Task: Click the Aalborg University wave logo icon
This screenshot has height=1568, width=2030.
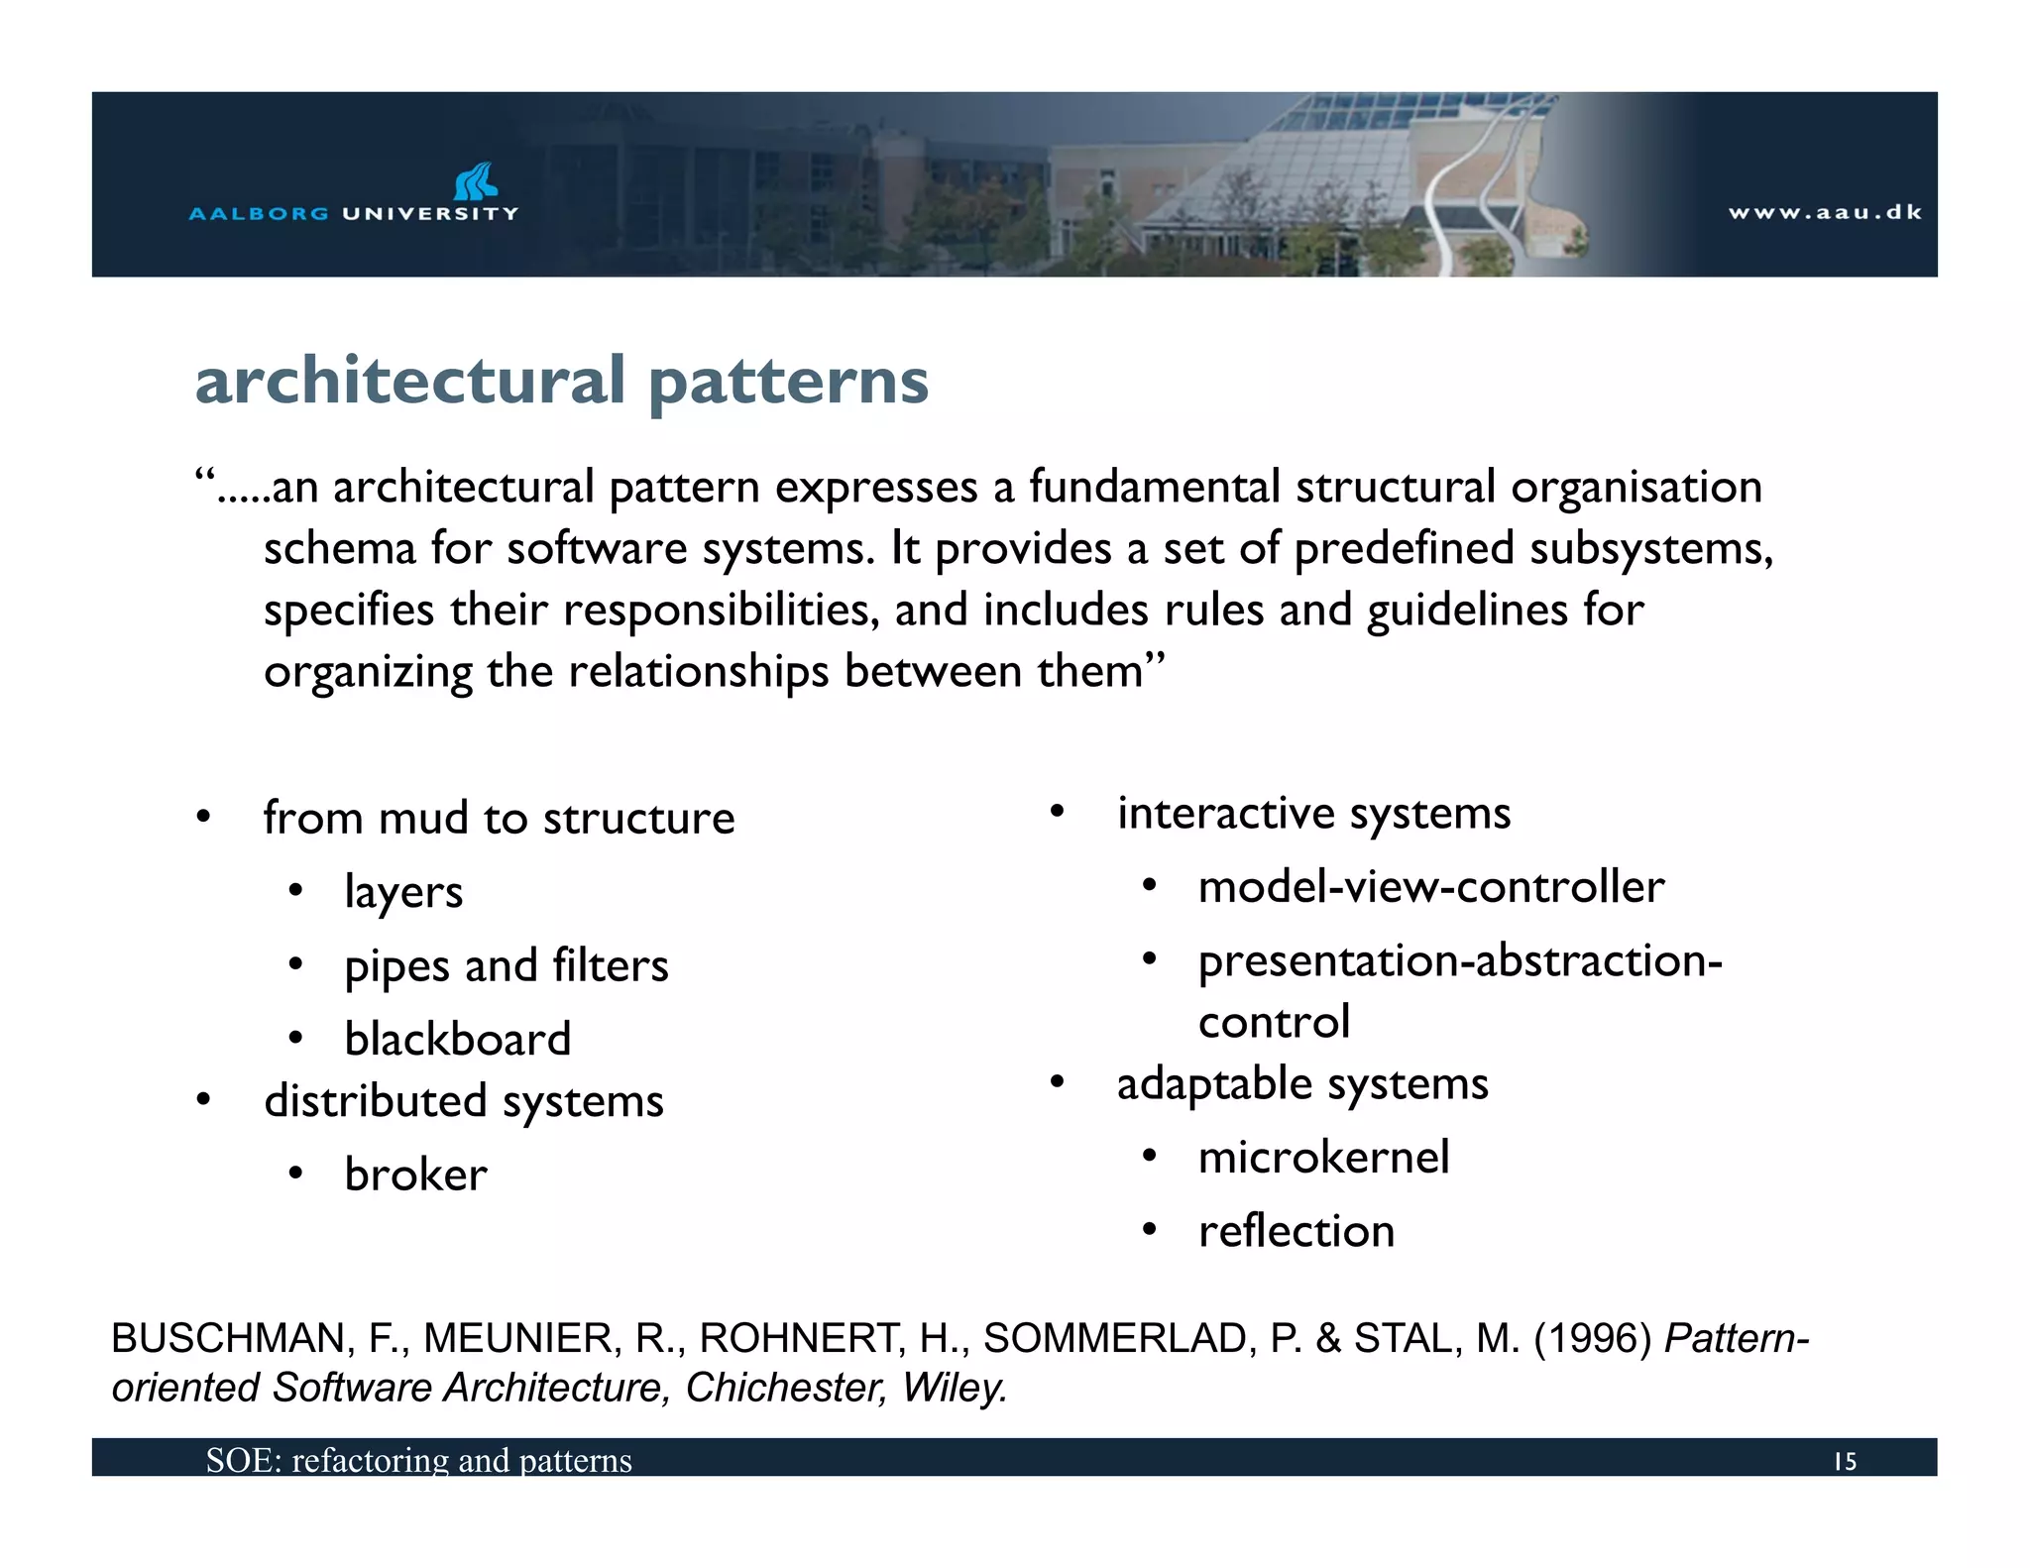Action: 475,181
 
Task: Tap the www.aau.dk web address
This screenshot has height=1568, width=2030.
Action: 1825,212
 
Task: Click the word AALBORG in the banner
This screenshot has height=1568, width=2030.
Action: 259,213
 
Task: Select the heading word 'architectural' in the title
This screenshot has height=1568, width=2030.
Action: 409,381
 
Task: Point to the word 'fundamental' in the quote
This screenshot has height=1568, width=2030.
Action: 1154,487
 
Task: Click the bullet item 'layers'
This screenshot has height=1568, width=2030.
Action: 403,892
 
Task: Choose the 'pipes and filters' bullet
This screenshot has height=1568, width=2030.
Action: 507,965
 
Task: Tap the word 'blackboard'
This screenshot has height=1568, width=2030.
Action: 458,1040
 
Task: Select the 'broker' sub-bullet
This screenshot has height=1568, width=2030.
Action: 416,1176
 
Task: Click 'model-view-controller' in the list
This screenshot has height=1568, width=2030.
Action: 1430,887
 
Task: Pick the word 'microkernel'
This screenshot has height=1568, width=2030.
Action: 1323,1158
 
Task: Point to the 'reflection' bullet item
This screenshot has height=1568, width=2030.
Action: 1296,1232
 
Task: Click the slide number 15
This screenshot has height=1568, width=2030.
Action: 1844,1462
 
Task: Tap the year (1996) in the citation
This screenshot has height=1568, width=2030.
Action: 1592,1339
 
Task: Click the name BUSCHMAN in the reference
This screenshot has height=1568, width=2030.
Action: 227,1339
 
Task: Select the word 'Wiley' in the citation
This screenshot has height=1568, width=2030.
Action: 953,1388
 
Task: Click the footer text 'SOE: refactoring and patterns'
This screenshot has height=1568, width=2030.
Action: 418,1461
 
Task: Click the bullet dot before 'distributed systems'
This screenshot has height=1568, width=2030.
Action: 203,1100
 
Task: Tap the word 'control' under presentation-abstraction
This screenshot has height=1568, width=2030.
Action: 1274,1023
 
